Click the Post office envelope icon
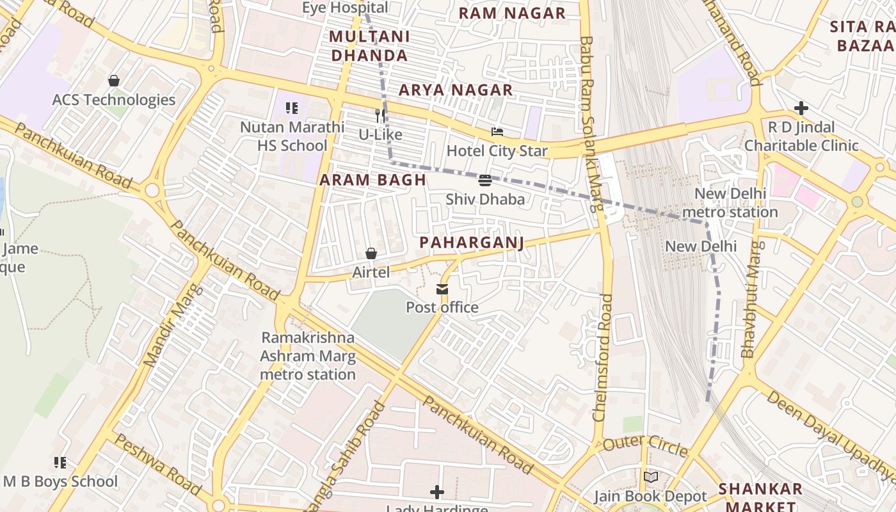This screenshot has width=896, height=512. (x=442, y=289)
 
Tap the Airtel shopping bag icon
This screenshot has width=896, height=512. (x=371, y=254)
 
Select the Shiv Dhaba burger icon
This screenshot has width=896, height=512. (x=484, y=180)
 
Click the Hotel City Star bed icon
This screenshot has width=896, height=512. (x=497, y=132)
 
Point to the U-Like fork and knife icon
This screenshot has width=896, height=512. (x=380, y=115)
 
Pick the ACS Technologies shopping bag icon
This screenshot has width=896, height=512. (x=114, y=81)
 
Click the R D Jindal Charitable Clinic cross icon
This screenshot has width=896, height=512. (x=801, y=108)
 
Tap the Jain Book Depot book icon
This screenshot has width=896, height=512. (x=650, y=477)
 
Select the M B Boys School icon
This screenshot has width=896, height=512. (x=60, y=463)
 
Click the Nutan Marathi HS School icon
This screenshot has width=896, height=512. (x=292, y=108)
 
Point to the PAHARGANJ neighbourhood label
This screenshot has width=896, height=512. (x=472, y=243)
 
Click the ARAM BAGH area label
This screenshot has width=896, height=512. (x=372, y=180)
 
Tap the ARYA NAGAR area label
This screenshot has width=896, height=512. (x=456, y=90)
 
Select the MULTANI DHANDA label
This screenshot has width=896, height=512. (x=369, y=46)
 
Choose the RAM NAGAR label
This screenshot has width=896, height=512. (x=512, y=13)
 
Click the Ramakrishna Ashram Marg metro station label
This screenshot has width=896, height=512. (x=308, y=356)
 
